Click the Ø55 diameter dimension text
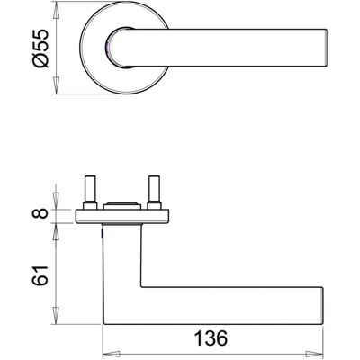coord(40,48)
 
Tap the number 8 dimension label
coord(40,213)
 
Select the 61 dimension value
coord(40,275)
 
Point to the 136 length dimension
coord(211,338)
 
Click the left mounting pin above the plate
coord(90,189)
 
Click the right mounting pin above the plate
coord(153,189)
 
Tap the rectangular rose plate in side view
coord(121,217)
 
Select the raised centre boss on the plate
coord(121,206)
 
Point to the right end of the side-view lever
coord(323,306)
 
